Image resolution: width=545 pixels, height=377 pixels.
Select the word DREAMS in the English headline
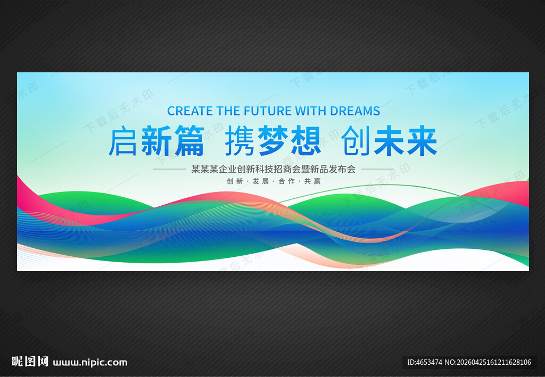click(x=355, y=111)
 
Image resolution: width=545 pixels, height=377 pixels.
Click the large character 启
click(x=122, y=140)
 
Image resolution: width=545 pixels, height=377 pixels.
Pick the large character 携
click(x=240, y=140)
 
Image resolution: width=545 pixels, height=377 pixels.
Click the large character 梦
click(x=273, y=140)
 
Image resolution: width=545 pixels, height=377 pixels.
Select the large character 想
click(x=306, y=140)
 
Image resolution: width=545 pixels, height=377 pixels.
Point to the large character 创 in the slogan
click(x=356, y=140)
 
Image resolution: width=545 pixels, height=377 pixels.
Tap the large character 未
click(x=389, y=140)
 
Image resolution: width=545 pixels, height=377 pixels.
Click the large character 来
click(x=422, y=140)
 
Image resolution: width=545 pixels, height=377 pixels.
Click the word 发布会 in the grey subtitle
click(x=342, y=169)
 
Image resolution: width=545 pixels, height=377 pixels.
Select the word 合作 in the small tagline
click(x=287, y=181)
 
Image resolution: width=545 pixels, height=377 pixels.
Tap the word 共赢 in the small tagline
click(x=312, y=181)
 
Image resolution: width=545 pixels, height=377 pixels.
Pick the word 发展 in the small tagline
click(x=261, y=181)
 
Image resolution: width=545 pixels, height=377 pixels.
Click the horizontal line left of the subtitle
click(x=170, y=169)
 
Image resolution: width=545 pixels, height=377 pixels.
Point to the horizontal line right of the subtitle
click(x=377, y=169)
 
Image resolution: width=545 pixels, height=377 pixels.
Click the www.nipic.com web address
click(x=90, y=363)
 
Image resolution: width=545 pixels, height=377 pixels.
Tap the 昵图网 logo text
click(x=30, y=362)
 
